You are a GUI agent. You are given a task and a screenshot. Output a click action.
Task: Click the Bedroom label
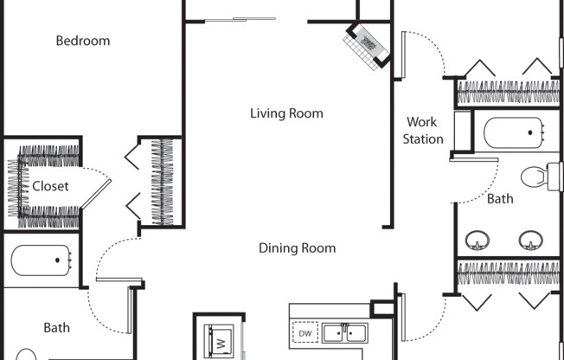coord(83,41)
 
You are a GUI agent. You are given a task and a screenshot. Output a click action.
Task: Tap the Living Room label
coord(286,113)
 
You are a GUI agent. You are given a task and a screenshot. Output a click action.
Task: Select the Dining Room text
coord(298,248)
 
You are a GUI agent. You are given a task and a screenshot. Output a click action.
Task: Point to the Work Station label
coord(423,131)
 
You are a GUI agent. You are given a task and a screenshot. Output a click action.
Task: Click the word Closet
coord(50,186)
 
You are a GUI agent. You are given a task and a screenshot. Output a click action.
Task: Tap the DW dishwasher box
coord(305,332)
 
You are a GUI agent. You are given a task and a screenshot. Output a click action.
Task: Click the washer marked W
coord(219,341)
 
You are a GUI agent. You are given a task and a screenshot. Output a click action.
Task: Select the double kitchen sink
coord(345,332)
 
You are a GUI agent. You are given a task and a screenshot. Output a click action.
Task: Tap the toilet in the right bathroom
coord(541,177)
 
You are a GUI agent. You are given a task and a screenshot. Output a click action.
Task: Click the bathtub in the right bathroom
coord(514,132)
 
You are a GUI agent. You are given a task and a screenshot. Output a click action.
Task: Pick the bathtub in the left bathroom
coord(41,260)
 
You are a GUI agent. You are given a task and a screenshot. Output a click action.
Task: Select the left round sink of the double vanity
coord(477,240)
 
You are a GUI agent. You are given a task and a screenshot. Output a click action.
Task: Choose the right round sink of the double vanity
coord(530,240)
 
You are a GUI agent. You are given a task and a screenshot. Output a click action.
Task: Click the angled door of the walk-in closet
coord(96,194)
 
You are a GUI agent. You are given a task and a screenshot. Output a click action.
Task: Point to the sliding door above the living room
coord(240,19)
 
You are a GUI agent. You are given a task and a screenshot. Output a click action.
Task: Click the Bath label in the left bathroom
coord(57,328)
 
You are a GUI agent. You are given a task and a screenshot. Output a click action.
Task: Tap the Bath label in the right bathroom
coord(500,199)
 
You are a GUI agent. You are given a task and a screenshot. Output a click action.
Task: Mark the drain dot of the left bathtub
coord(57,260)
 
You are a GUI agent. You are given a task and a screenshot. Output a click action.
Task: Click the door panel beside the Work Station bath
coord(474,159)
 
